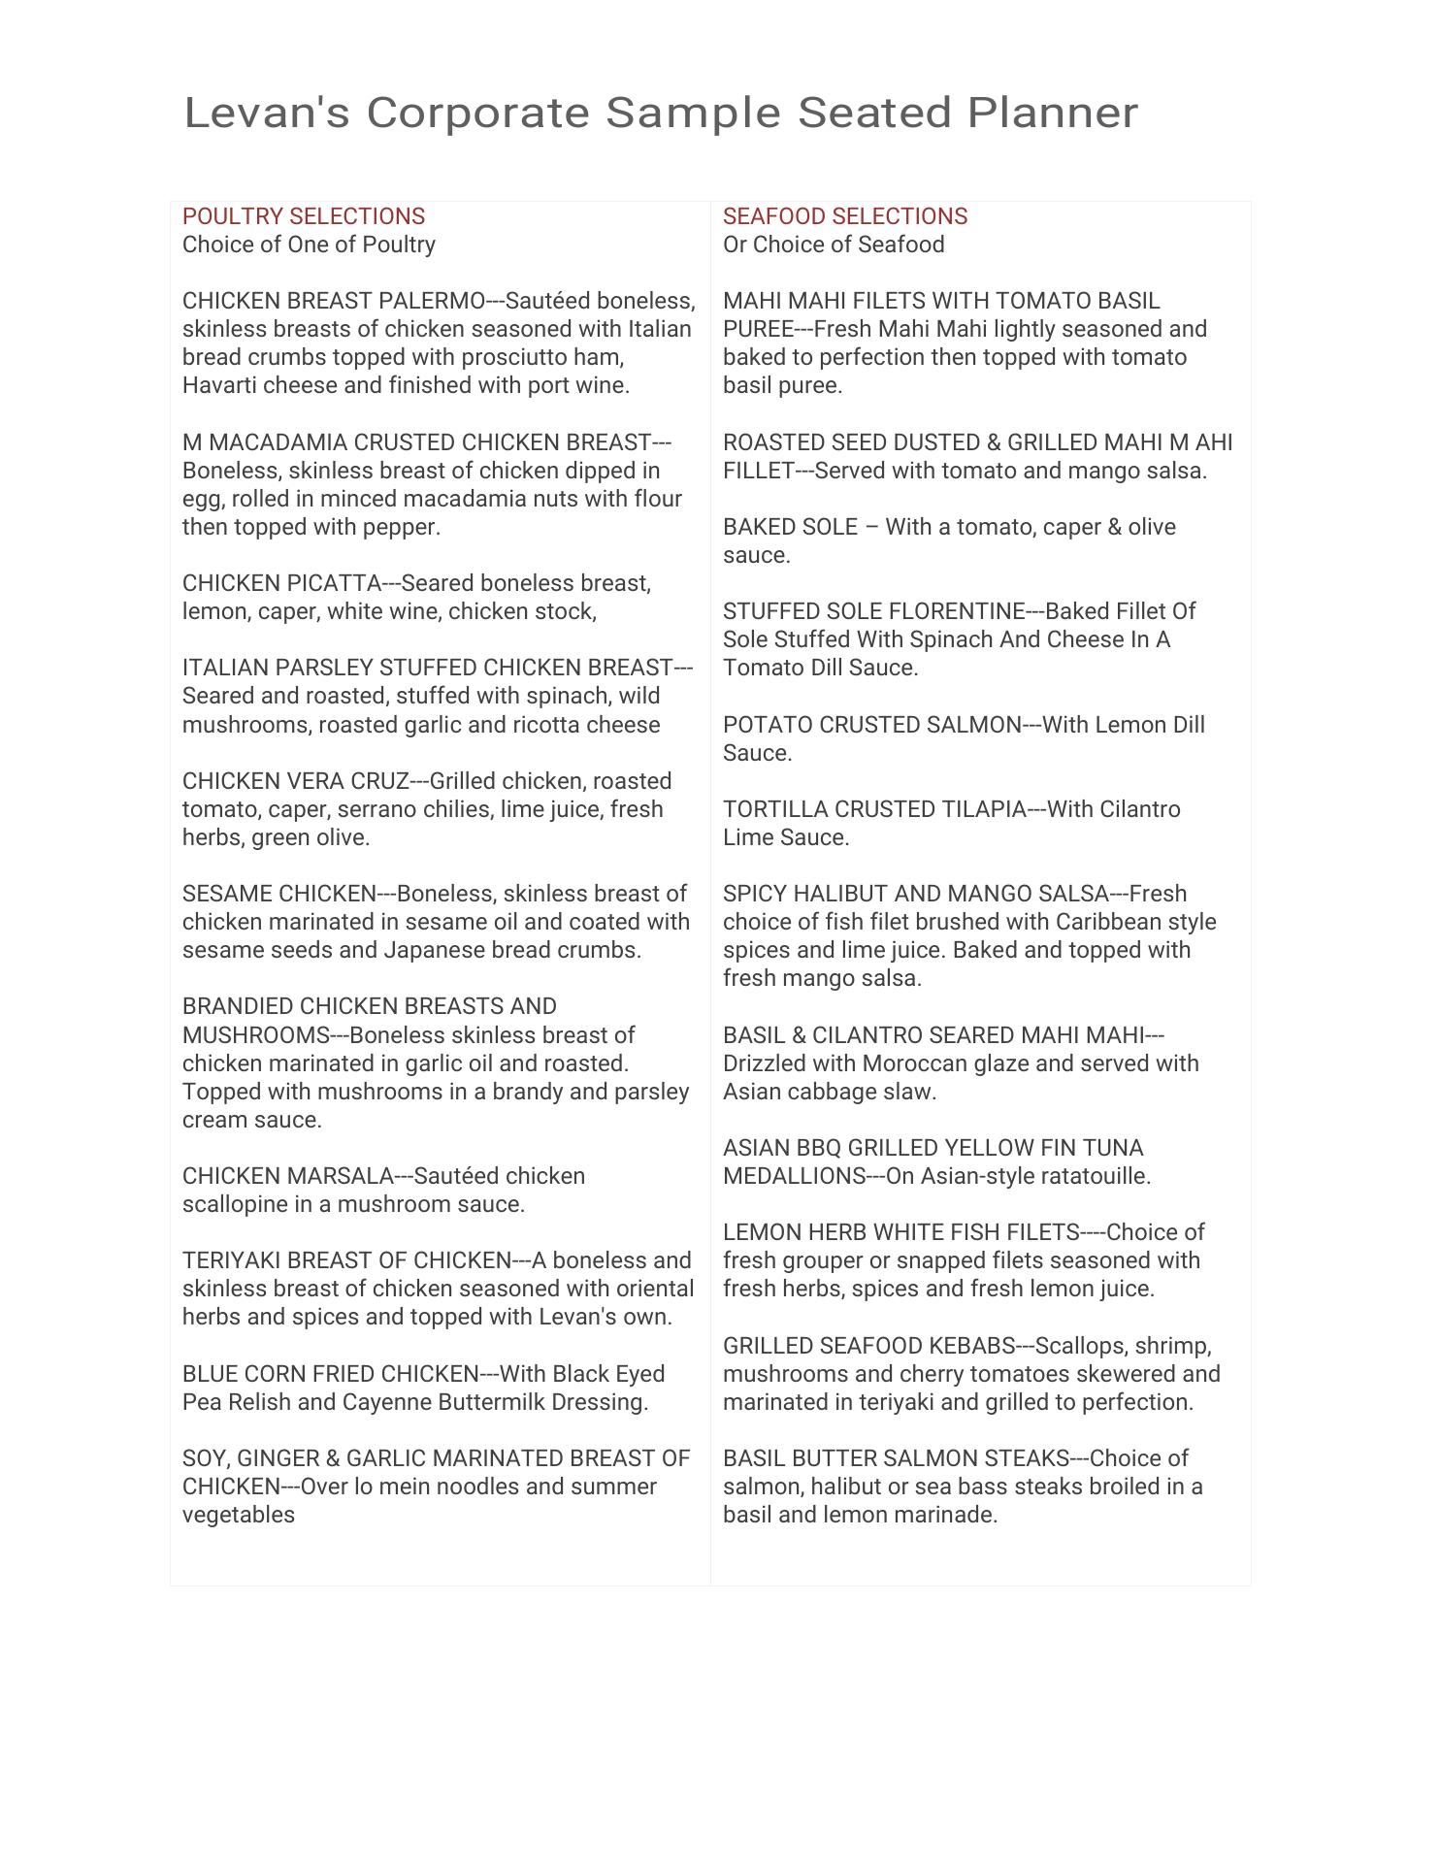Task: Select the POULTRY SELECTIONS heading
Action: [x=304, y=216]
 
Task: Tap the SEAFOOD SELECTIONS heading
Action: [x=844, y=216]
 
